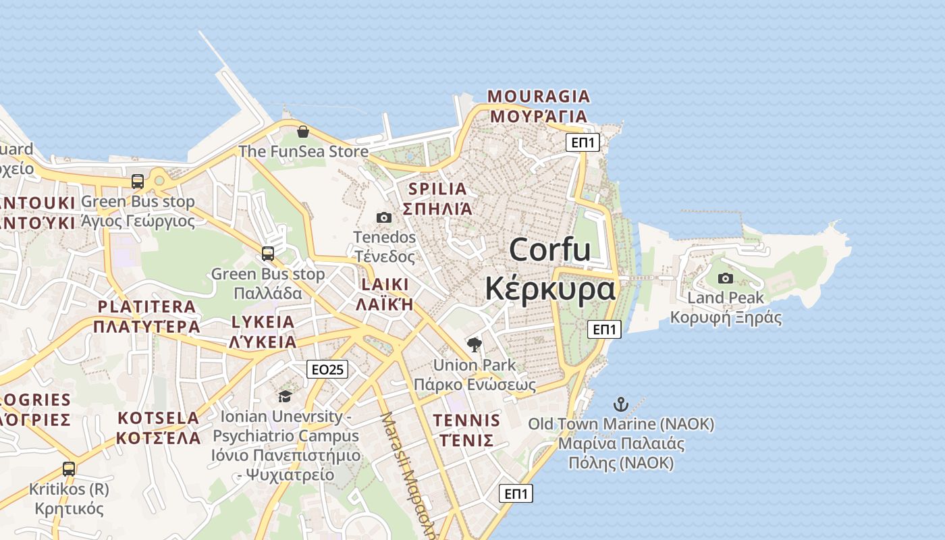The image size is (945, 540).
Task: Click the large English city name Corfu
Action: point(549,250)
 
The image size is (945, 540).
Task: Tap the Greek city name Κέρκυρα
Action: point(550,289)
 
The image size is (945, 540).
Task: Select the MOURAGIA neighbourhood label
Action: point(539,97)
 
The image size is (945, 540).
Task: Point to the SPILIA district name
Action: point(437,189)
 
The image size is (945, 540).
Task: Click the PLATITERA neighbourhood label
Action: point(146,306)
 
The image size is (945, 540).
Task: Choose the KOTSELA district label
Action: point(158,418)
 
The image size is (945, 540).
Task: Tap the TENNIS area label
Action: point(466,421)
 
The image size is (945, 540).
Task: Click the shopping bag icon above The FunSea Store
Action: point(303,131)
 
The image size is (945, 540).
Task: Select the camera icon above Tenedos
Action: point(384,217)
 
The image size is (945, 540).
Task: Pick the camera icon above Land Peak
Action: point(725,278)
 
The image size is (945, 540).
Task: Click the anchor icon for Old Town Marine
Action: point(620,404)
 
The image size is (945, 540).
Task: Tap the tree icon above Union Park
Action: point(475,345)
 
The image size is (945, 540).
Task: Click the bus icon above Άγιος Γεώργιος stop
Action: point(138,181)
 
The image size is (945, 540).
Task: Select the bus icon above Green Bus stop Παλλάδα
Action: point(268,254)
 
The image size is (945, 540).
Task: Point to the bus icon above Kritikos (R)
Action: point(69,468)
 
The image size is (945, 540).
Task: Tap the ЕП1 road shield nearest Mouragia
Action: point(582,142)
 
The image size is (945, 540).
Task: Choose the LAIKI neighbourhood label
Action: point(385,283)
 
